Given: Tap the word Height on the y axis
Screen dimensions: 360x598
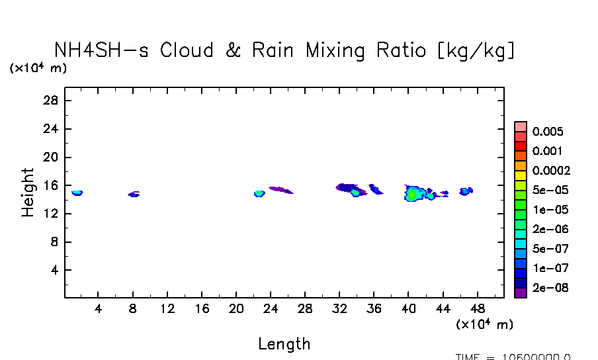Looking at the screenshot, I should tap(28, 193).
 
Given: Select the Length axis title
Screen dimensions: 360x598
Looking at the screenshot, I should tap(284, 343).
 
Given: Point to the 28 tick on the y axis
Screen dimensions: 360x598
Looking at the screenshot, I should tap(52, 101).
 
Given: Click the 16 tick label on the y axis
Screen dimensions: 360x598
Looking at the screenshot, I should tap(52, 186).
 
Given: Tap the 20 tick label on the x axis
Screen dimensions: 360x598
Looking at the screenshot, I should tap(236, 308).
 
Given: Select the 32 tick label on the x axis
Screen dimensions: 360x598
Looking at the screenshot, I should tap(339, 308).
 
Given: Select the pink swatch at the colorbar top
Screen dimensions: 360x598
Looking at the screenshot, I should tap(521, 126).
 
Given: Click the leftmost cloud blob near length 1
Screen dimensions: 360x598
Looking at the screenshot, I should tap(77, 193).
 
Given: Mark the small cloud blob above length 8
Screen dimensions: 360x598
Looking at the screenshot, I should tap(134, 195).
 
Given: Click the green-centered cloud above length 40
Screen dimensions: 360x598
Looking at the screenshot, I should tap(413, 194).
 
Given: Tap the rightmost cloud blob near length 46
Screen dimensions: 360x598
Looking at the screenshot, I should tap(465, 191).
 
